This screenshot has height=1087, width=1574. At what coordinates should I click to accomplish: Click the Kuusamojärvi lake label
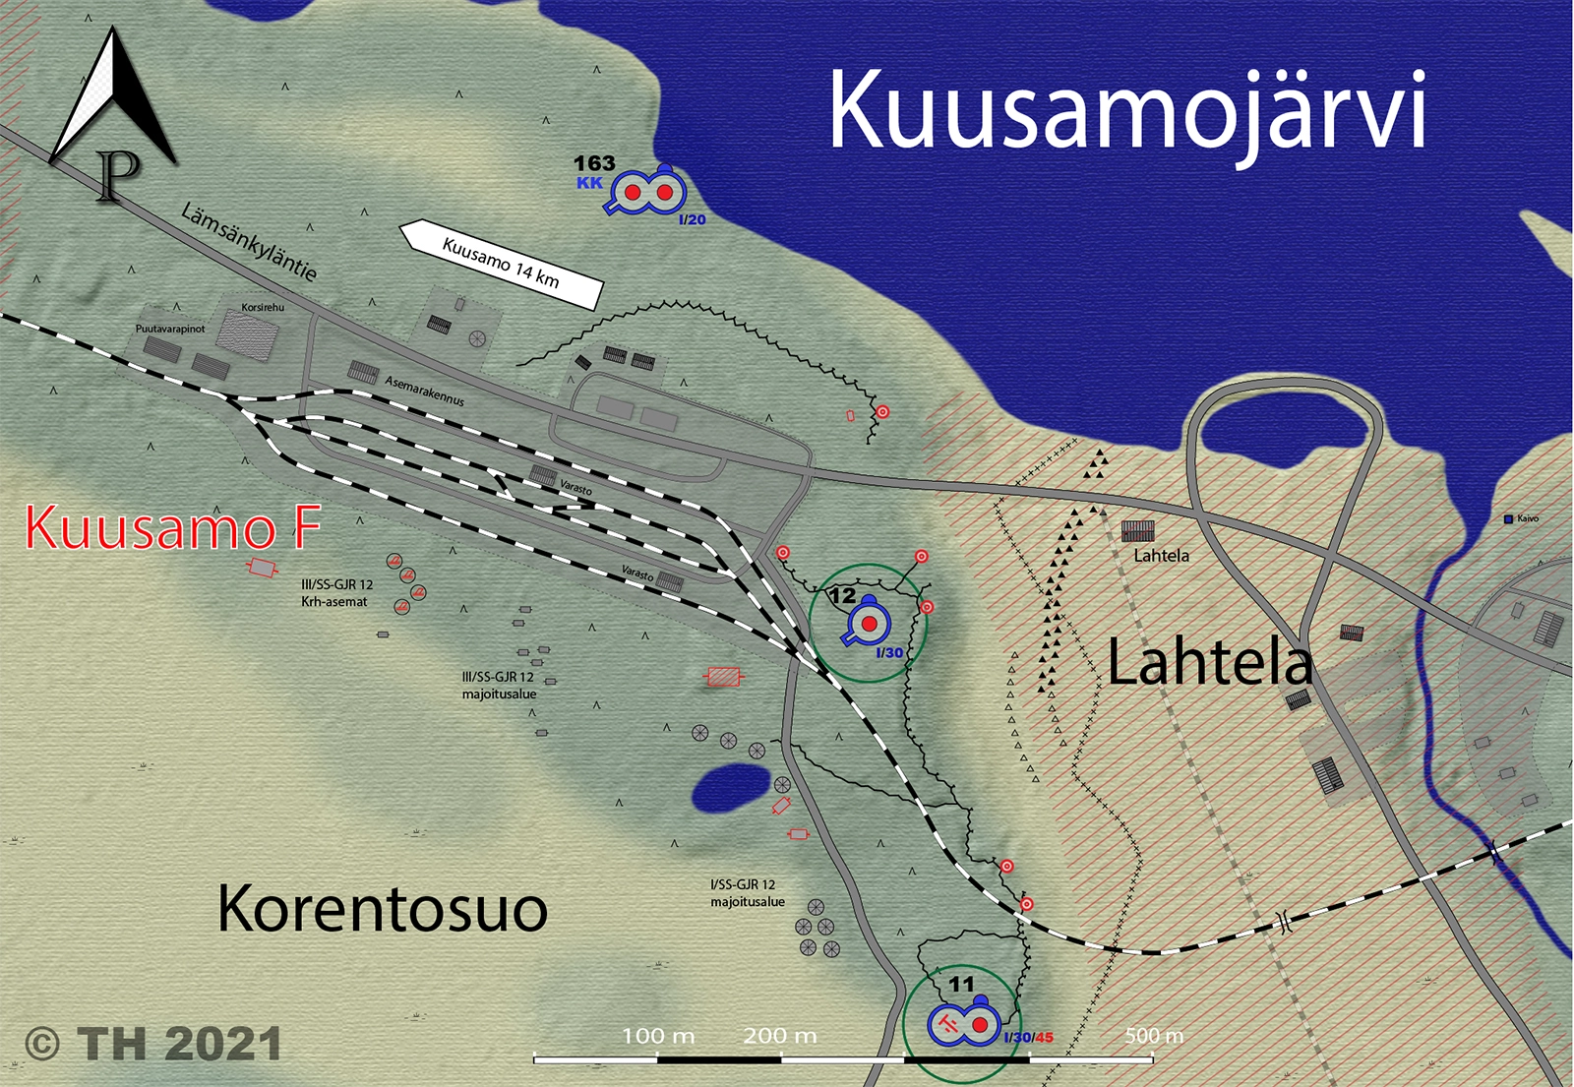coord(1127,111)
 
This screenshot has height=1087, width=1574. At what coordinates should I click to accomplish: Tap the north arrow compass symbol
coord(113,113)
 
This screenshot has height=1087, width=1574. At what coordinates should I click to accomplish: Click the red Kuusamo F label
coord(172,527)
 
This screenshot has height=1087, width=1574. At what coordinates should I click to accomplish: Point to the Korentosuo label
coord(382,908)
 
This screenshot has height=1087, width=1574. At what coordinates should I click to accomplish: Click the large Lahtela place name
coord(1210,662)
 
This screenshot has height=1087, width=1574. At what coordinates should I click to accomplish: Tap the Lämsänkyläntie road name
coord(249,242)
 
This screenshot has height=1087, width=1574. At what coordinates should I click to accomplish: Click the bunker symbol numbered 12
coord(868,624)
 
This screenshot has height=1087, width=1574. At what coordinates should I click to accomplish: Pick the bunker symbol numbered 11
coord(963,1025)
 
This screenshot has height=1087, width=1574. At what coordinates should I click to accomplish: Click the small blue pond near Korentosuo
coord(730,788)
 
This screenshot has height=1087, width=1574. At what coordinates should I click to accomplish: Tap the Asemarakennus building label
coord(424,391)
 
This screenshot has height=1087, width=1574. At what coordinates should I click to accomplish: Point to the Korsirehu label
coord(263,307)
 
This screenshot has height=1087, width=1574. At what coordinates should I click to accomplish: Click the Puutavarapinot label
coord(170,329)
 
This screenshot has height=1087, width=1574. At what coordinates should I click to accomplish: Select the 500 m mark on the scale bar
coord(1154,1037)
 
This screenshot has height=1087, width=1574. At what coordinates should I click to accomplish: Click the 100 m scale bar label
coord(658,1036)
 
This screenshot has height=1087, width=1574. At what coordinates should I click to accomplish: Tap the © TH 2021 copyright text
coord(153,1044)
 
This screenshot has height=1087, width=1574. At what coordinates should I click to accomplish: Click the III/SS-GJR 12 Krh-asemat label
coord(336,593)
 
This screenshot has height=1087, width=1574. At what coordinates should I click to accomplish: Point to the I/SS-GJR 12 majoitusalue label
coord(748,893)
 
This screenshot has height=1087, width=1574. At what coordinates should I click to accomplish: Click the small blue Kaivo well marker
coord(1509,519)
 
